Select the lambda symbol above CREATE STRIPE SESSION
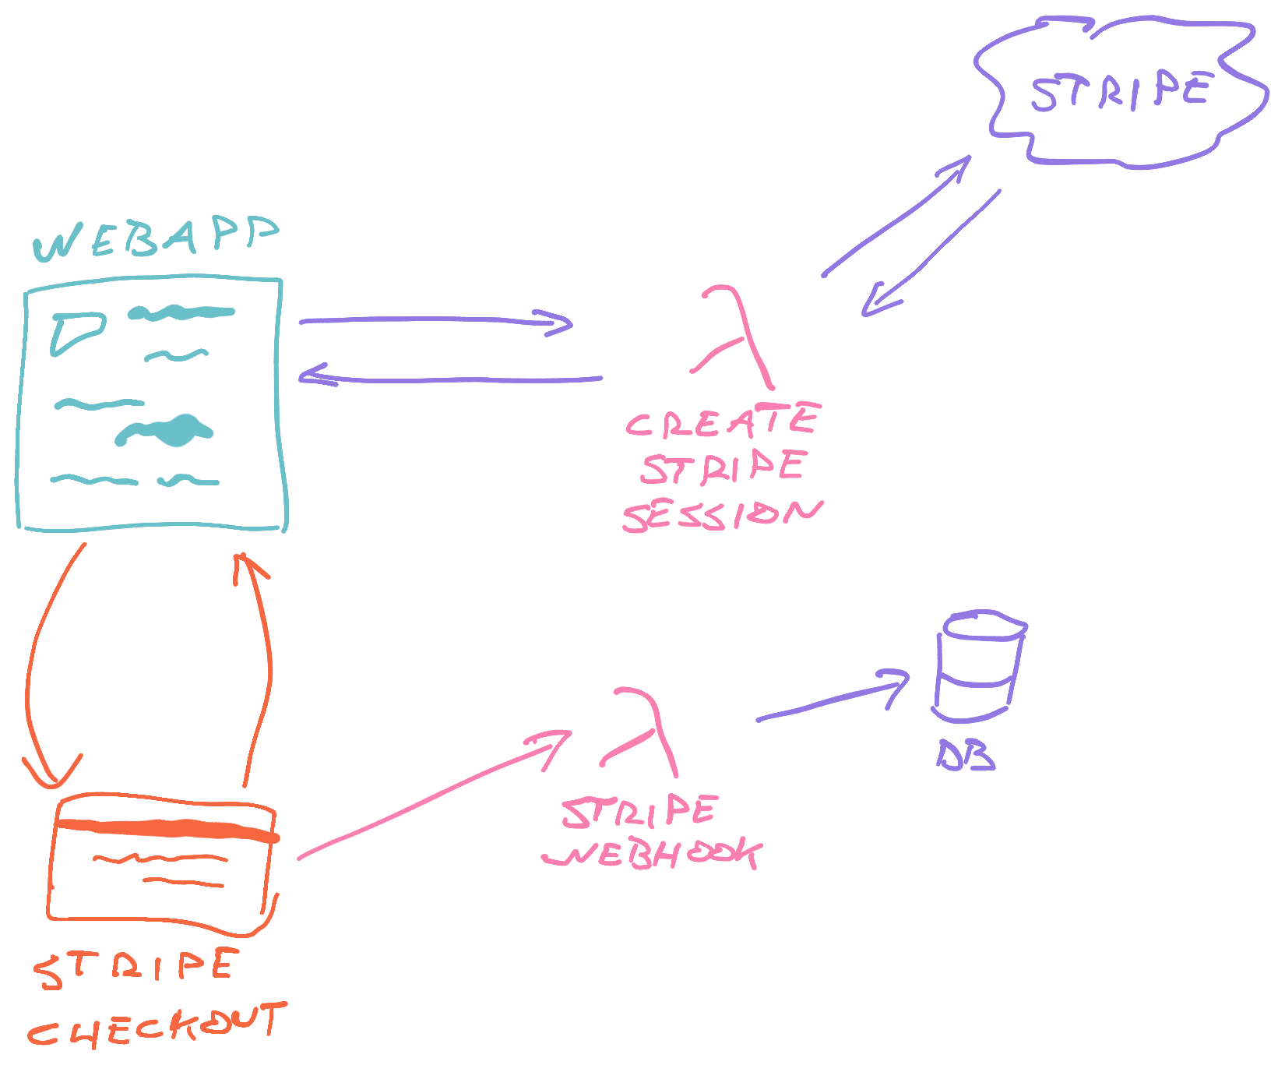[734, 337]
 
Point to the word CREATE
[721, 421]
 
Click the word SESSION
[721, 516]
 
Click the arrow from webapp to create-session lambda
[436, 320]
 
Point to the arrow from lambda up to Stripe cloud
[896, 218]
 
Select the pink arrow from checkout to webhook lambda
[432, 795]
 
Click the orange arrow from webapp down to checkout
[39, 662]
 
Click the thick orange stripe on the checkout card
[167, 829]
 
